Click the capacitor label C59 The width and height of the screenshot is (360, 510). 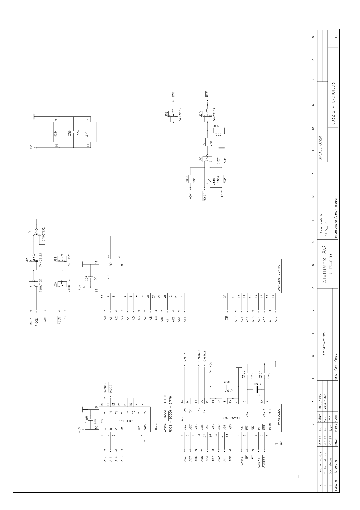click(x=69, y=133)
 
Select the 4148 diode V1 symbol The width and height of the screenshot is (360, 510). click(x=210, y=180)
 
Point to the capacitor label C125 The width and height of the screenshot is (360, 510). click(x=218, y=161)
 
